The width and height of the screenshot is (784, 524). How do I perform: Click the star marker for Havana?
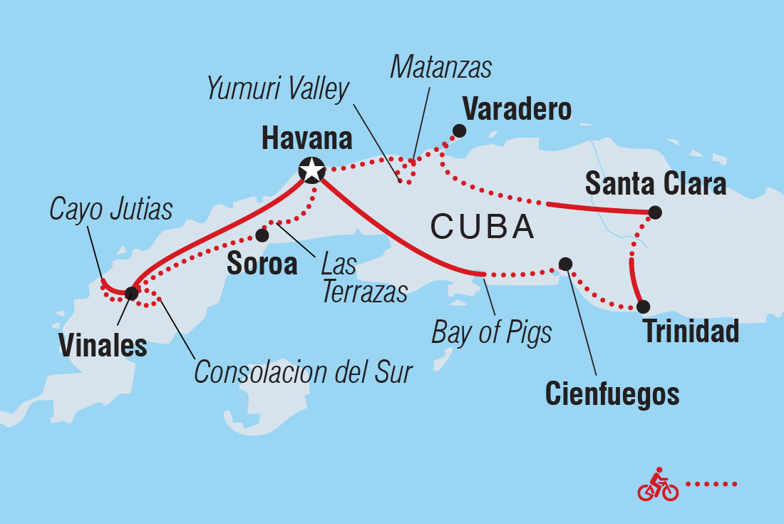(311, 170)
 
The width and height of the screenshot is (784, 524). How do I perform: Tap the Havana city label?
(307, 138)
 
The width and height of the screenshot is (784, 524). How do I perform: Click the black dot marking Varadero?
(460, 130)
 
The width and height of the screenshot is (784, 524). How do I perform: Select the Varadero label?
(517, 110)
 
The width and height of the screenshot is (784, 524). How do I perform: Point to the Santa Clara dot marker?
(655, 212)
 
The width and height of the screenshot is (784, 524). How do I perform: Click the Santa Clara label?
(656, 184)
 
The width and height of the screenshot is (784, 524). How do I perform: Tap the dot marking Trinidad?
(643, 307)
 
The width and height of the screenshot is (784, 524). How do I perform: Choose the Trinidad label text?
(691, 333)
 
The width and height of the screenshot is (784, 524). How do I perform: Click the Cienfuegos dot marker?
(565, 264)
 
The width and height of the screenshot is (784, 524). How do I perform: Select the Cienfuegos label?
(612, 394)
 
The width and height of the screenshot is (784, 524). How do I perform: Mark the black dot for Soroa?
(262, 235)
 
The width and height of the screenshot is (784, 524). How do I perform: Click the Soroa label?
(262, 264)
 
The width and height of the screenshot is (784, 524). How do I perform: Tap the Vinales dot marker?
(131, 292)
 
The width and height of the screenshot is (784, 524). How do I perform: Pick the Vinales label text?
(103, 346)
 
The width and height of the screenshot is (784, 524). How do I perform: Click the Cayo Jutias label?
(111, 210)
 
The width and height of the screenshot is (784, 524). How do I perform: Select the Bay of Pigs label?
(492, 332)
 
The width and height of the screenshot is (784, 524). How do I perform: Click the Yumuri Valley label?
(278, 89)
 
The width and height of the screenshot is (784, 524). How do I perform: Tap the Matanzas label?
(441, 67)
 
